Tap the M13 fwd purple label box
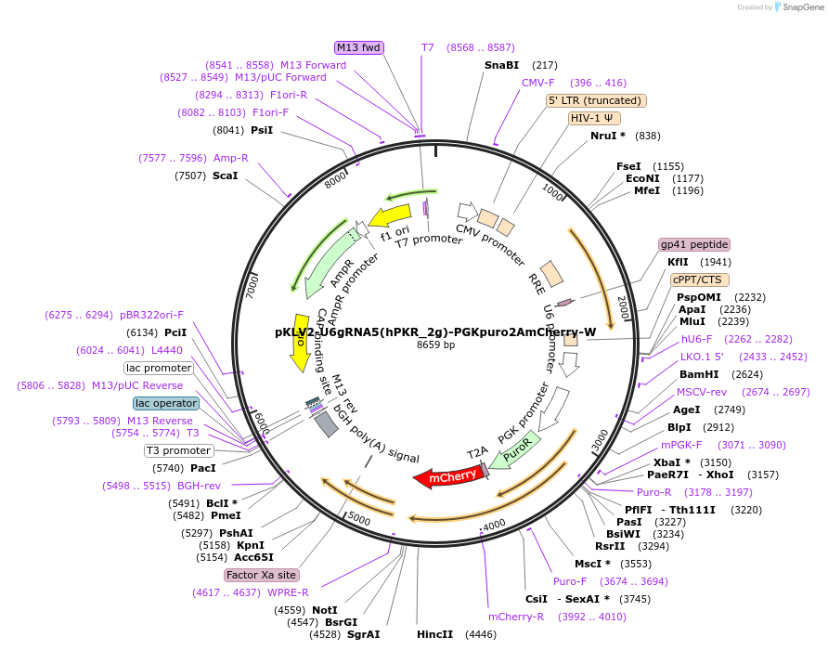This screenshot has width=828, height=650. coord(359,47)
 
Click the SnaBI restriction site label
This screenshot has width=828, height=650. coord(501,65)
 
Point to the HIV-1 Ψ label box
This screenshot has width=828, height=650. coord(595,118)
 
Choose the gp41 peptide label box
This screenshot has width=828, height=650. coord(694,244)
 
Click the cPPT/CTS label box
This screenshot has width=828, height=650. coord(699,279)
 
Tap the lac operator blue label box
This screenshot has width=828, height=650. coord(166,403)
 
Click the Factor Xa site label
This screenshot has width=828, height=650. coord(261,575)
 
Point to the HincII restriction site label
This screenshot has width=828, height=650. coord(435,634)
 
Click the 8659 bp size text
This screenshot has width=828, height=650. coord(435,345)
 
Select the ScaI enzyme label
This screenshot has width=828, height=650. coord(225,175)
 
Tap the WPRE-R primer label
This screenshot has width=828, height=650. coord(288,591)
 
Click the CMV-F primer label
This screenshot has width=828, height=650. coord(538,83)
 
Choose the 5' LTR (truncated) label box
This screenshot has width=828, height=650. coord(596,100)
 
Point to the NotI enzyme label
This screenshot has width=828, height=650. coord(325,610)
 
